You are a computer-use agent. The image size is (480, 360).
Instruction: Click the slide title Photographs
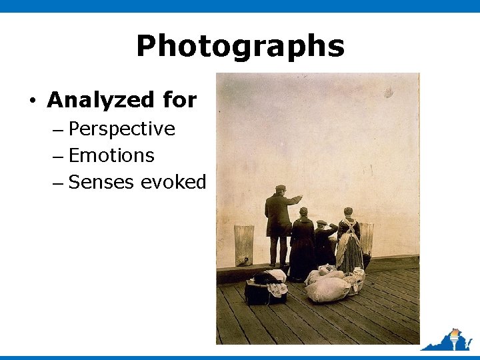[240, 47]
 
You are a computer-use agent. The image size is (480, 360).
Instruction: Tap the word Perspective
[122, 129]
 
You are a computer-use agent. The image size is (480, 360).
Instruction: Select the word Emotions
[111, 155]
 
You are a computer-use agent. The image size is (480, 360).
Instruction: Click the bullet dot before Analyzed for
[32, 101]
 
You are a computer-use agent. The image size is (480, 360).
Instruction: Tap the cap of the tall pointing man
[281, 188]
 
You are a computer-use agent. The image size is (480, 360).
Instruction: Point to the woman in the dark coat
[303, 243]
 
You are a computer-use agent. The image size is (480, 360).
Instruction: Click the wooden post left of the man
[243, 245]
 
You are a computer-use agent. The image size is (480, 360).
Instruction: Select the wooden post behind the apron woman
[366, 237]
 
